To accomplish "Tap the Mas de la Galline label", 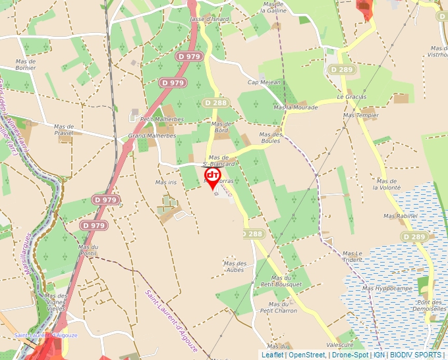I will [273, 7].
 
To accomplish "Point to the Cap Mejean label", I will [264, 82].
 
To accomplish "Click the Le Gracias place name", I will [351, 97].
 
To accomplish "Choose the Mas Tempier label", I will [361, 115].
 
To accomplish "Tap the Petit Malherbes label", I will [162, 119].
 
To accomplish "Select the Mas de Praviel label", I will [64, 130].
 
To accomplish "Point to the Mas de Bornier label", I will [26, 64].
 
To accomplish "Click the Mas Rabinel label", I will [401, 216].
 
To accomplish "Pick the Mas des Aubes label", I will [235, 267].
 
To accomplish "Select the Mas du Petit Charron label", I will [279, 307].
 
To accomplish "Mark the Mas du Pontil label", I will [88, 249].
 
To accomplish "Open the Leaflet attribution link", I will [272, 355].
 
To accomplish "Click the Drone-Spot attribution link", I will [349, 355].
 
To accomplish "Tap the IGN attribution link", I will [379, 355].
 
